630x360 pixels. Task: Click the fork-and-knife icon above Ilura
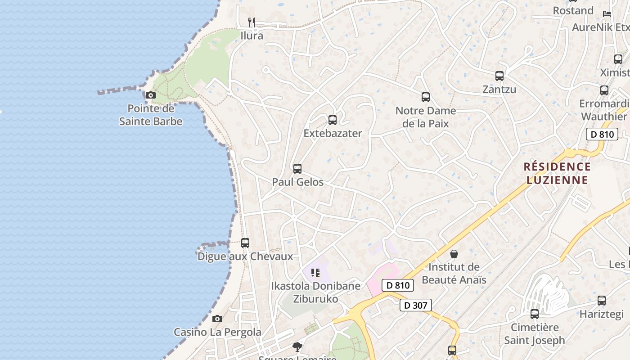coord(252,22)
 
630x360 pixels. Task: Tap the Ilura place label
coord(252,36)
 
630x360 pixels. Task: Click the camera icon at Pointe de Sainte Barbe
coord(151,95)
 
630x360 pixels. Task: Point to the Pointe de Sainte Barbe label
coord(151,115)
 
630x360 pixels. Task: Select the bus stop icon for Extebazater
coord(333,120)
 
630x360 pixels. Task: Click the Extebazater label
coord(333,133)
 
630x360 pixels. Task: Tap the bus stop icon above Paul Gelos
coord(297,169)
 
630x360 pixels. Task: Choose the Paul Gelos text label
coord(297,182)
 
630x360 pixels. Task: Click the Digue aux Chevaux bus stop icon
coord(245,243)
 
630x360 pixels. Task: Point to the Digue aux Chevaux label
coord(245,256)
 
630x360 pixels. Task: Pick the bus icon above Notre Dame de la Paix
coord(426,97)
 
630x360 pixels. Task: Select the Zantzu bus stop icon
coord(499,76)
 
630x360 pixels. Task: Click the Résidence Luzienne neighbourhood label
coord(557,173)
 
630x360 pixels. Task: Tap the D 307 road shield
coord(416,305)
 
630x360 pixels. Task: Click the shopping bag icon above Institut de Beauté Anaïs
coord(454,254)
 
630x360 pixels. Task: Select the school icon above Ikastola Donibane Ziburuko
coord(315,272)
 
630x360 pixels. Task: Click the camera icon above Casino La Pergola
coord(217,319)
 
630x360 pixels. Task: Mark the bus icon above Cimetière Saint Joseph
coord(535,314)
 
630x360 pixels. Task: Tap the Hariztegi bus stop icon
coord(602,301)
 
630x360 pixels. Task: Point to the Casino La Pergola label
coord(217,332)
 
